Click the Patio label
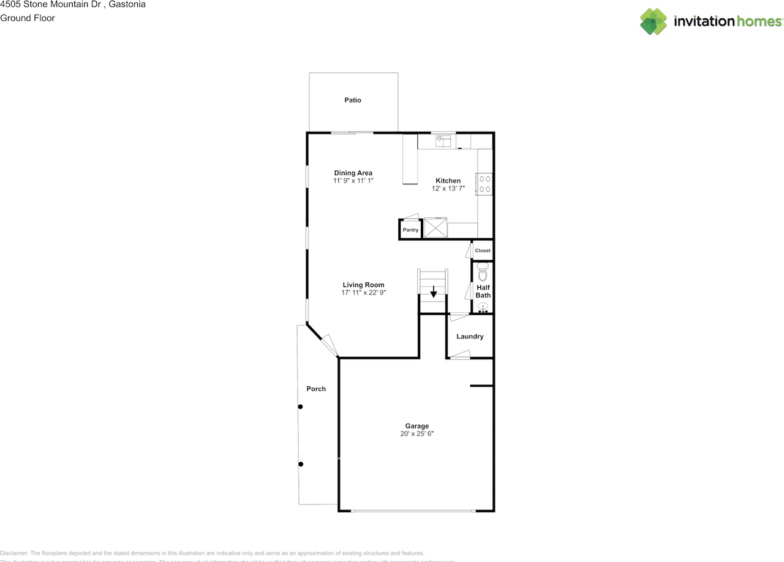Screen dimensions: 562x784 pos(353,100)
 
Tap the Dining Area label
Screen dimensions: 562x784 pos(353,173)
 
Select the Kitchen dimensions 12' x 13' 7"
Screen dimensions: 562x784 pos(448,189)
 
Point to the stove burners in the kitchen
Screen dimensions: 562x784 pos(485,184)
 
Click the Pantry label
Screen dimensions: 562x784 pos(410,230)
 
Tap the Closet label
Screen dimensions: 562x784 pos(483,250)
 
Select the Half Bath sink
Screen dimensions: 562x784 pos(483,307)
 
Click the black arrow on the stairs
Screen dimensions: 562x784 pos(434,291)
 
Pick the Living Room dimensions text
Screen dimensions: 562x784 pos(364,293)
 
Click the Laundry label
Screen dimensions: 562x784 pos(470,336)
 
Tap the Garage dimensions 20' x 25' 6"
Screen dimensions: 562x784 pos(417,434)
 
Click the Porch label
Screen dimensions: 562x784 pos(316,389)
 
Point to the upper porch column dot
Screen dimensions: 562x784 pos(300,407)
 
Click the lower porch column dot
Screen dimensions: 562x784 pos(300,464)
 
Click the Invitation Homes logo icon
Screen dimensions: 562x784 pos(654,21)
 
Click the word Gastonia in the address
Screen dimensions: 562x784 pos(127,4)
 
